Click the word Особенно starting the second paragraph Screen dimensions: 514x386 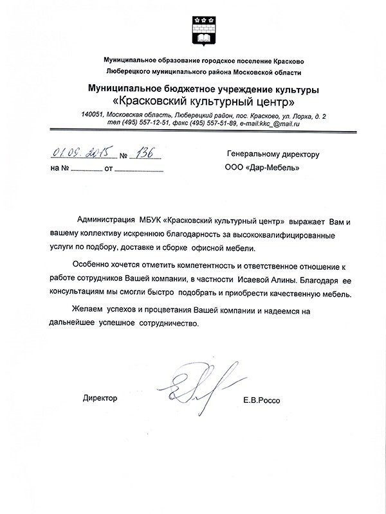[94, 267]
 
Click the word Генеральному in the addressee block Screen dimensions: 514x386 [251, 155]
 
